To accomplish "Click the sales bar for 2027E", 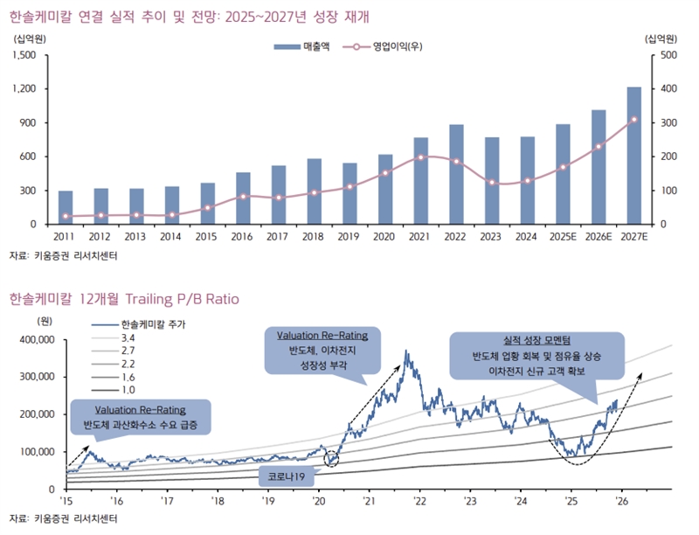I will [634, 156].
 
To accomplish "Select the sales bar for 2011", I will [66, 207].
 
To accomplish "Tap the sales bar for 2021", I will [420, 181].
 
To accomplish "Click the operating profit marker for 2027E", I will [634, 120].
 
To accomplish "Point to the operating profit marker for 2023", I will [492, 183].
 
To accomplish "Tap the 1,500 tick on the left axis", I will [24, 55].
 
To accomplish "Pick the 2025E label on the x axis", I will [563, 236].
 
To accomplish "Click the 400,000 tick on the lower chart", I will [35, 339].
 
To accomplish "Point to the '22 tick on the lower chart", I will [420, 502].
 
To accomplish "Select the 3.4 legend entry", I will [128, 337].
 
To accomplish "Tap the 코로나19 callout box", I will [287, 477].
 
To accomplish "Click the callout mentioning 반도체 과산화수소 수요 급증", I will [139, 417].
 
